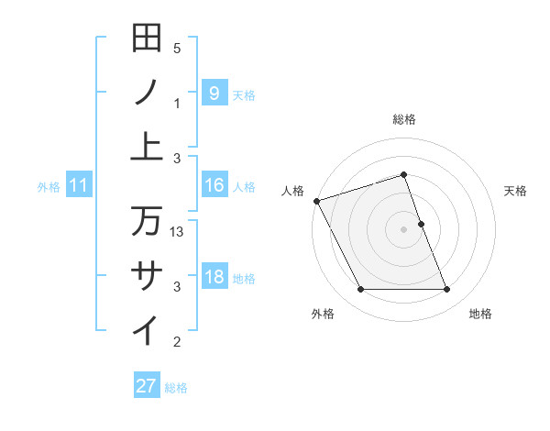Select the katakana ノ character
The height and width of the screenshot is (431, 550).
point(148,92)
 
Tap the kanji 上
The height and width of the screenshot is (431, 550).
point(148,147)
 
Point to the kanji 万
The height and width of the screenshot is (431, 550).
point(148,220)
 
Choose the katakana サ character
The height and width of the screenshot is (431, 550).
point(148,275)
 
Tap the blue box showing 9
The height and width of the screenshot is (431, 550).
point(214,93)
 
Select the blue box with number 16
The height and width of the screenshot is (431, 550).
point(214,185)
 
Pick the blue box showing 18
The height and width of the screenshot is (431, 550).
point(214,277)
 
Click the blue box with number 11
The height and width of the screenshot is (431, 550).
point(79,185)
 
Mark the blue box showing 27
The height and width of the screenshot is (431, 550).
point(147,386)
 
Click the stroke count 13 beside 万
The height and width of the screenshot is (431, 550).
point(178,232)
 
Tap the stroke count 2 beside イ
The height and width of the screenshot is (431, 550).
point(177,343)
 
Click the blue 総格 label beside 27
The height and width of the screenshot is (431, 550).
point(177,388)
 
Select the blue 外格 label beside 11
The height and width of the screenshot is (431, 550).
point(49,187)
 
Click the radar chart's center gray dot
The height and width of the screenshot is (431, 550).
point(404,228)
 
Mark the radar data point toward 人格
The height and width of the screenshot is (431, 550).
point(317,201)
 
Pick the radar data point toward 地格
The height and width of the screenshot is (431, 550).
point(446,290)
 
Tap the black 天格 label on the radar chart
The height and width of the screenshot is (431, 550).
point(516,191)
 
